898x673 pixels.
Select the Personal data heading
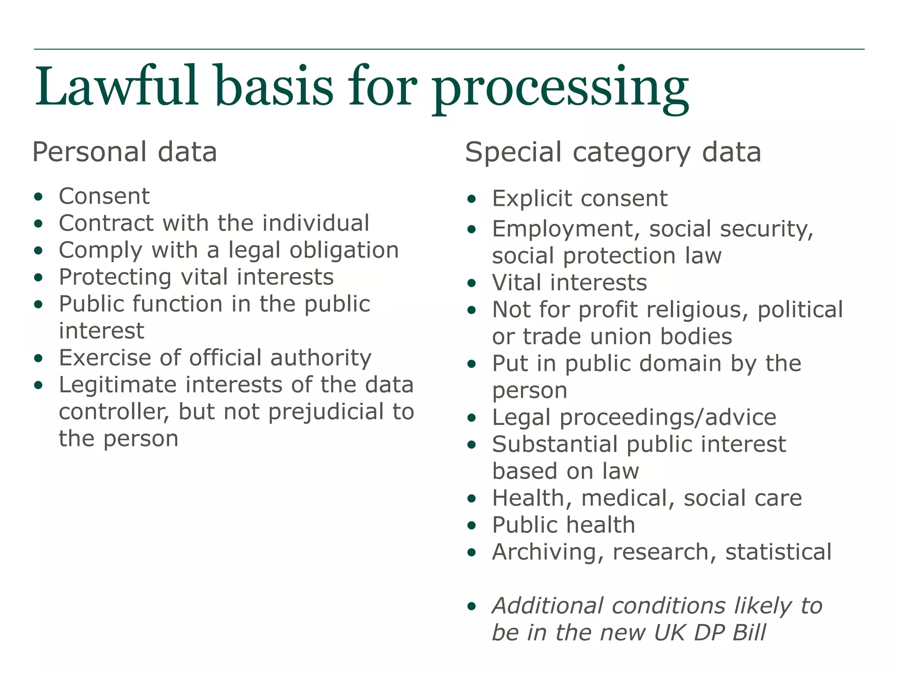(125, 152)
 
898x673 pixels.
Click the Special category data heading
(613, 152)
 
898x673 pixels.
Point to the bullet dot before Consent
(39, 197)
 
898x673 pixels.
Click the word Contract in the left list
(106, 223)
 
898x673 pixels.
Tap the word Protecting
(115, 277)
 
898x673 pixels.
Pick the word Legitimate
(118, 385)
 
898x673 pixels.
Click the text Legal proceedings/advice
(634, 417)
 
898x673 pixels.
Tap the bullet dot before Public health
(471, 525)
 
